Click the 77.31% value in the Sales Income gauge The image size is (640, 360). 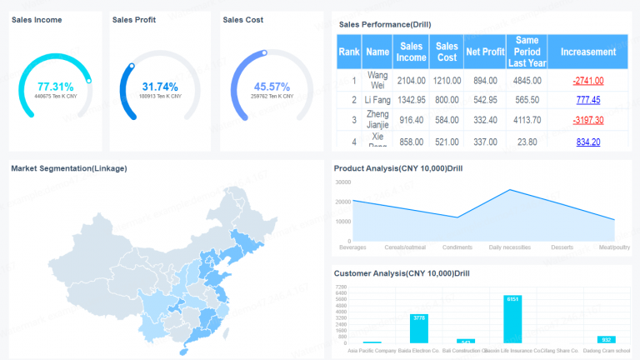(56, 87)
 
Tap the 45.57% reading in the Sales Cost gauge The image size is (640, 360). (272, 87)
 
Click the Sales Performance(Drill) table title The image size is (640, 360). (385, 24)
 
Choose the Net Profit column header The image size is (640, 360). (485, 52)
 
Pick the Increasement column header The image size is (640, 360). (587, 52)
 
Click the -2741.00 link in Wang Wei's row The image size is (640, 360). (587, 81)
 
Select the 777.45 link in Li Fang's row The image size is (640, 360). (587, 100)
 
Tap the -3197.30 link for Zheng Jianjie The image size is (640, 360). (587, 121)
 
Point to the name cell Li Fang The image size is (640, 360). (377, 100)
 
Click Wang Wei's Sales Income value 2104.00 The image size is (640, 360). (412, 81)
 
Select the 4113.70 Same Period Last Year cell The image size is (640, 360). (527, 121)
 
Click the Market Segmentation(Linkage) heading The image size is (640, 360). (69, 168)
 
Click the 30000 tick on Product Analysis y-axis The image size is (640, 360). (343, 182)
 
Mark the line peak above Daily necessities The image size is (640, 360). (510, 190)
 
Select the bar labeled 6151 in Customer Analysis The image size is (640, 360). (512, 320)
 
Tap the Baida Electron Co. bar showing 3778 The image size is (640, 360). (419, 329)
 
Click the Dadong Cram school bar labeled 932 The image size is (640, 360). (606, 340)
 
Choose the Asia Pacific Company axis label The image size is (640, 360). (372, 351)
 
